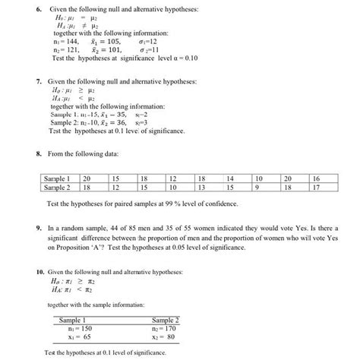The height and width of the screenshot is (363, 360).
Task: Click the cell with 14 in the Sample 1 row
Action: [231, 178]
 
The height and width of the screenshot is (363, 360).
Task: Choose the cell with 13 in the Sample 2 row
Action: [201, 187]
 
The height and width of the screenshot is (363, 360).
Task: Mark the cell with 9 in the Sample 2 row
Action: [258, 187]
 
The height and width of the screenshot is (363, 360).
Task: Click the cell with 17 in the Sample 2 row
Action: [315, 187]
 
